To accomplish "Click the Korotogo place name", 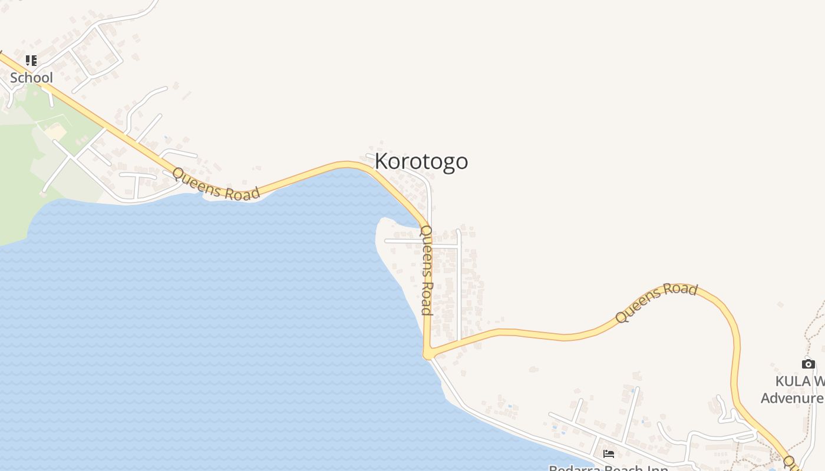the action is coord(421,161).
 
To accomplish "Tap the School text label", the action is coord(31,78).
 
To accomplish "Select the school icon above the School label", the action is coord(31,60).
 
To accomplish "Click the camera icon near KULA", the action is coord(808,364).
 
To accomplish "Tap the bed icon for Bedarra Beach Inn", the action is coord(609,453).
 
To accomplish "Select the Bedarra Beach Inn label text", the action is coord(608,467).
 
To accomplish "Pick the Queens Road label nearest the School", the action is coord(216,184).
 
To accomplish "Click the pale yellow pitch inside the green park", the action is coord(56,132).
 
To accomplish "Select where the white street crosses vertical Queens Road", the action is coord(428,243).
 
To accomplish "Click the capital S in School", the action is coord(14,78).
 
